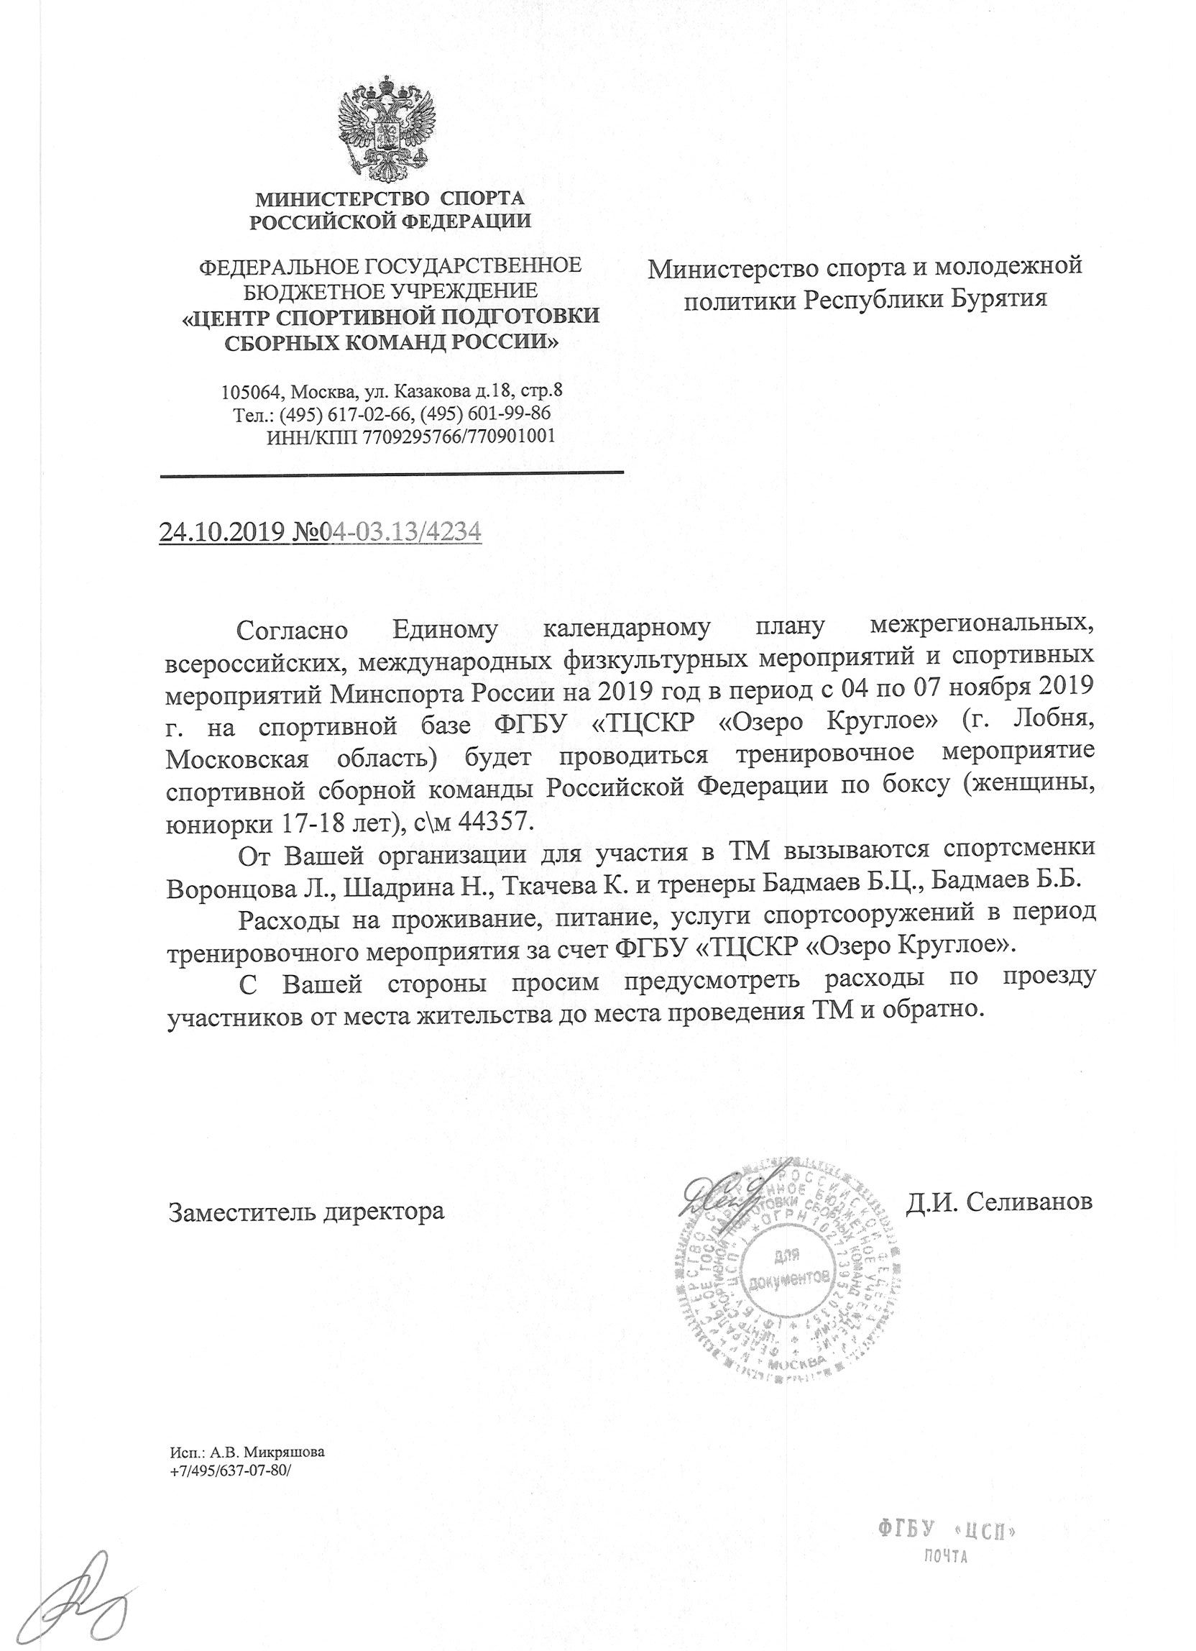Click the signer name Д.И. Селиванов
point(999,1202)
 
